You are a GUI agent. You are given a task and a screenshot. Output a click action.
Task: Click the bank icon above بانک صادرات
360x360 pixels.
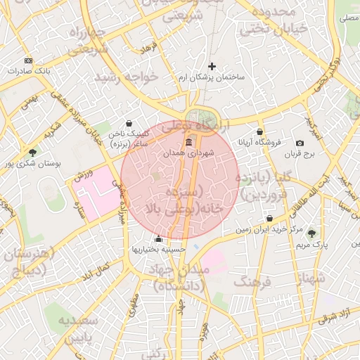(28, 60)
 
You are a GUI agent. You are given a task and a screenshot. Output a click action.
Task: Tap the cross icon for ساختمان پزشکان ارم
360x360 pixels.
(212, 66)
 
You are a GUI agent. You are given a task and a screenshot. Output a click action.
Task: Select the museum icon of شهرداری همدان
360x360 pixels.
(188, 143)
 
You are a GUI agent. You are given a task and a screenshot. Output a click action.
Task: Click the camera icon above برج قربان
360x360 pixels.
(300, 143)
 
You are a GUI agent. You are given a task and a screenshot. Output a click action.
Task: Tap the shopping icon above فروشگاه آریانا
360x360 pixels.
(260, 131)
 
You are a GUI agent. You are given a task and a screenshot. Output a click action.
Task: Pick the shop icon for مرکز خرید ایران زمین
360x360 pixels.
(270, 218)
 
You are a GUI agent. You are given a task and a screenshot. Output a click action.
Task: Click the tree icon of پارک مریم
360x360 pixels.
(311, 233)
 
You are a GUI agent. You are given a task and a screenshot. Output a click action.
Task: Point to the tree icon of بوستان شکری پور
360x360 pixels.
(32, 152)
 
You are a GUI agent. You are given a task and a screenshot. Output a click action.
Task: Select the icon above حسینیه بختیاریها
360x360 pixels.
(158, 238)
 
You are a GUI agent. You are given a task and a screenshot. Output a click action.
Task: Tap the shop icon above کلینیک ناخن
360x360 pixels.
(129, 123)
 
